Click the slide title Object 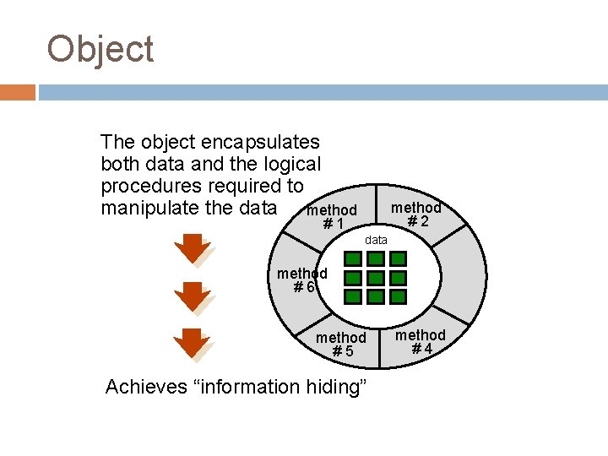click(100, 50)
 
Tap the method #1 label click(333, 217)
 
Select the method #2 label click(416, 214)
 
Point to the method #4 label click(421, 342)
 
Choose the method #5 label click(341, 345)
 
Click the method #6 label click(302, 280)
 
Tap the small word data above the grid click(376, 241)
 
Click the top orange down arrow click(193, 250)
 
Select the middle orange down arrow click(193, 296)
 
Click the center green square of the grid click(376, 278)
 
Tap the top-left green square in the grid click(354, 278)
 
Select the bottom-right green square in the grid click(398, 296)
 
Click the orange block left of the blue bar click(18, 92)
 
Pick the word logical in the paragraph click(288, 164)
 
